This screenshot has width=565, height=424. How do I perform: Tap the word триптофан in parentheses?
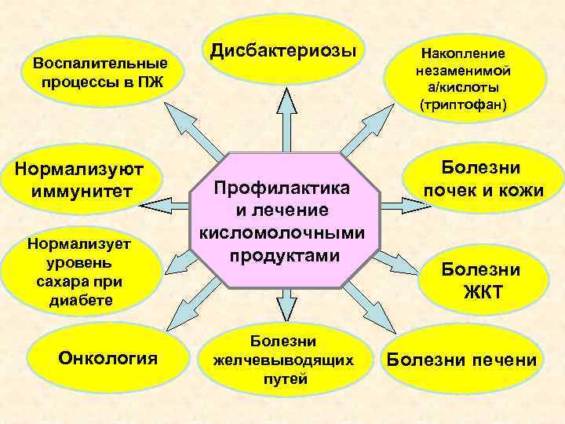465,104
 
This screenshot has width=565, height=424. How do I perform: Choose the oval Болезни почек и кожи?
481,179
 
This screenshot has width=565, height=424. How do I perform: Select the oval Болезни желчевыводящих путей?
284,360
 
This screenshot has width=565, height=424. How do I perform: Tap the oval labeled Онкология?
108,358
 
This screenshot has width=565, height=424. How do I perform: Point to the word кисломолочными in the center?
283,233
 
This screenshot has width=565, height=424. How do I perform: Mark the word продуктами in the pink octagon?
283,256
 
